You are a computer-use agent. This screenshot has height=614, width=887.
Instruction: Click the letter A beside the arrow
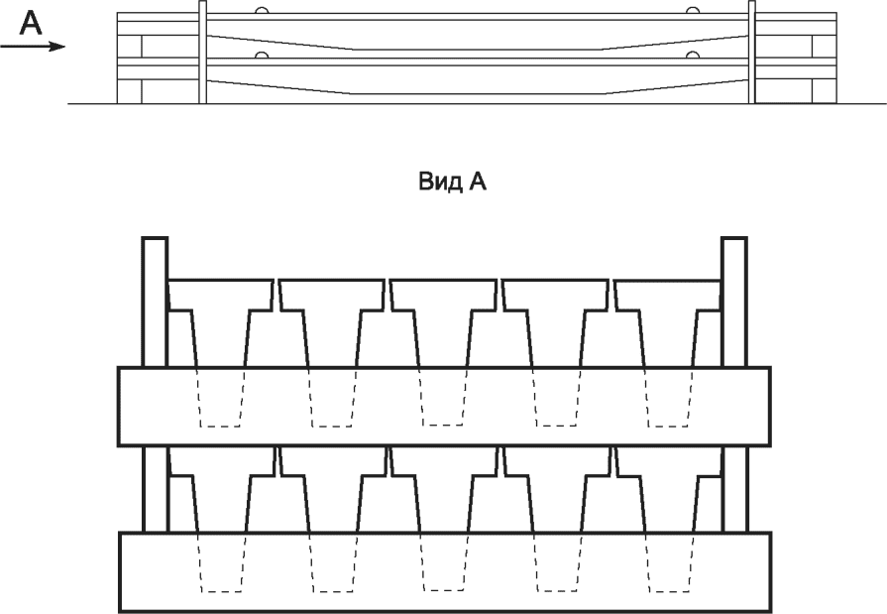pyautogui.click(x=32, y=23)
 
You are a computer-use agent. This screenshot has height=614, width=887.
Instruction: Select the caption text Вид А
pyautogui.click(x=442, y=184)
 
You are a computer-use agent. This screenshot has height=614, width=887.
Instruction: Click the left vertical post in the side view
pyautogui.click(x=203, y=52)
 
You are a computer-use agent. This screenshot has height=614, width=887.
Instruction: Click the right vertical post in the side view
pyautogui.click(x=751, y=52)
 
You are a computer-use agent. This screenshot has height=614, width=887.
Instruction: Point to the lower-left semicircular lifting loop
pyautogui.click(x=262, y=56)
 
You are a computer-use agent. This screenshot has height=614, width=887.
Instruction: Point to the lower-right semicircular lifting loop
pyautogui.click(x=691, y=56)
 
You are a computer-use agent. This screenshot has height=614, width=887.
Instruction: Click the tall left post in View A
pyautogui.click(x=155, y=298)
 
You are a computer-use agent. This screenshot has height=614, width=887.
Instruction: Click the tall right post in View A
pyautogui.click(x=733, y=298)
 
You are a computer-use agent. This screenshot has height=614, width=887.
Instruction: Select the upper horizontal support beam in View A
pyautogui.click(x=444, y=406)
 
